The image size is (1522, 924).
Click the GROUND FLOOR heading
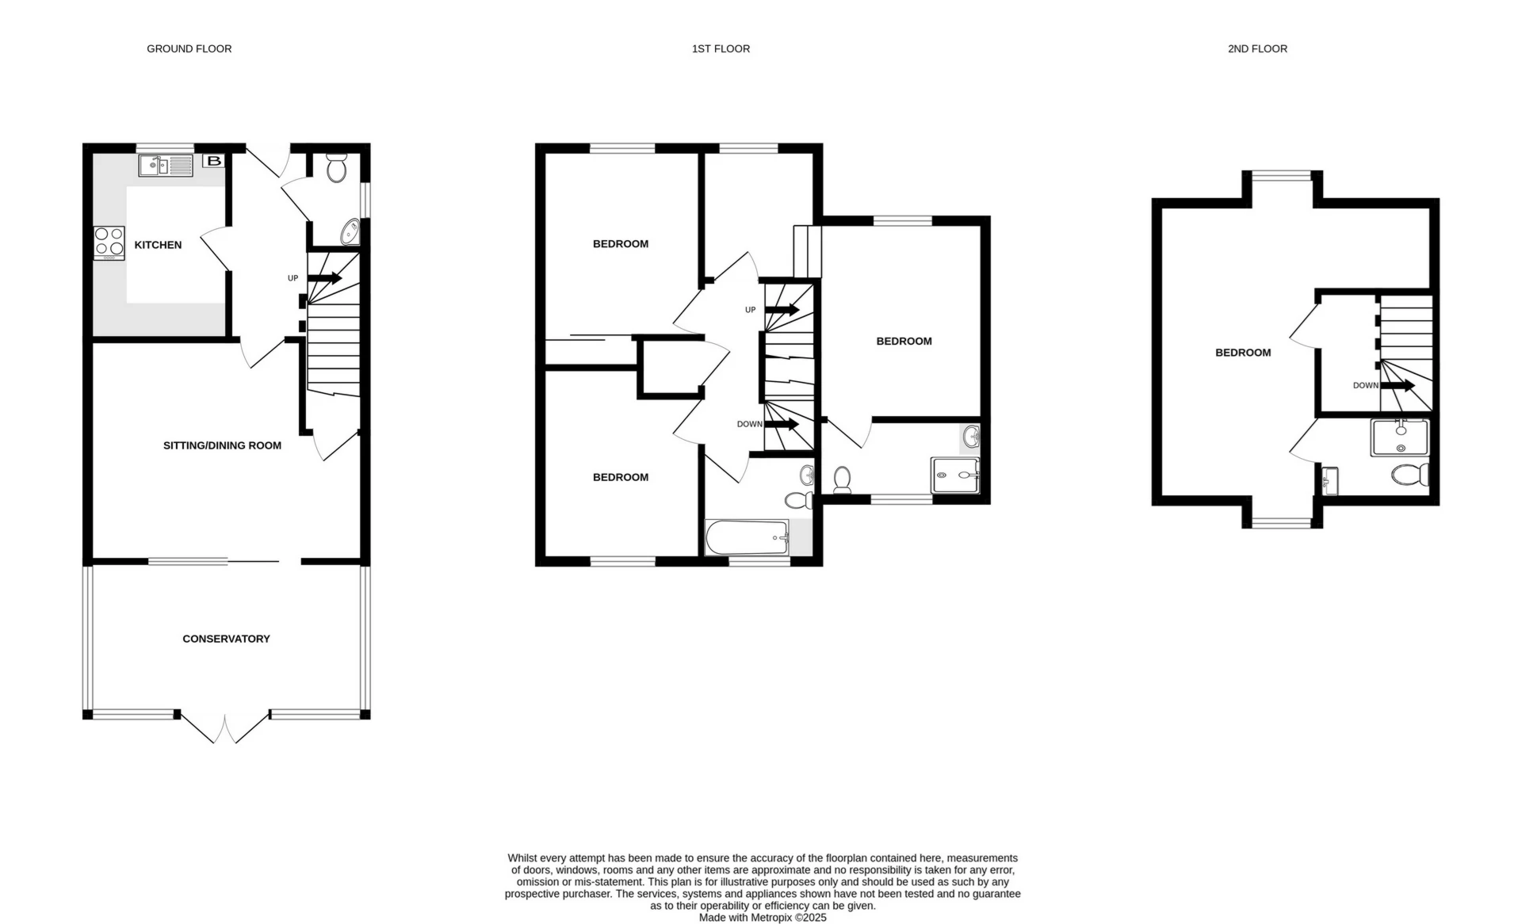tap(189, 49)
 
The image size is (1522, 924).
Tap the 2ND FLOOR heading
tap(1257, 49)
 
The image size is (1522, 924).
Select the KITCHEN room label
tap(158, 245)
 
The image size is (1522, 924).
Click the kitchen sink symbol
tap(166, 166)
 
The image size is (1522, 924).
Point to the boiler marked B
tap(213, 161)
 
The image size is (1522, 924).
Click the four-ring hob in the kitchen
tap(109, 242)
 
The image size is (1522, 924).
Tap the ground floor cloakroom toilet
tap(336, 167)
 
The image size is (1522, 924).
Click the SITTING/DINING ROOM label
tap(222, 445)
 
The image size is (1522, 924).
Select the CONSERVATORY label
tap(226, 639)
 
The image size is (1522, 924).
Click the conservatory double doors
tap(225, 728)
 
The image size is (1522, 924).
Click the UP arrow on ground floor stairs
tap(324, 278)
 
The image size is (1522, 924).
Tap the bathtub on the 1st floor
tap(747, 538)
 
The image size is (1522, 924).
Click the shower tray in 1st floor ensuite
tap(955, 475)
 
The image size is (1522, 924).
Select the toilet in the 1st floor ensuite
tap(842, 480)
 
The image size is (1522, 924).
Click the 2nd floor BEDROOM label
tap(1242, 353)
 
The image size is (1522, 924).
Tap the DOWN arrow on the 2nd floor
tap(1398, 386)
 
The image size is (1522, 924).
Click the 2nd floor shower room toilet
tap(1411, 475)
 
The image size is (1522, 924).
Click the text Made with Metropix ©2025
tap(762, 918)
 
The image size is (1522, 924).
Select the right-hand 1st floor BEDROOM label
tap(904, 342)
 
